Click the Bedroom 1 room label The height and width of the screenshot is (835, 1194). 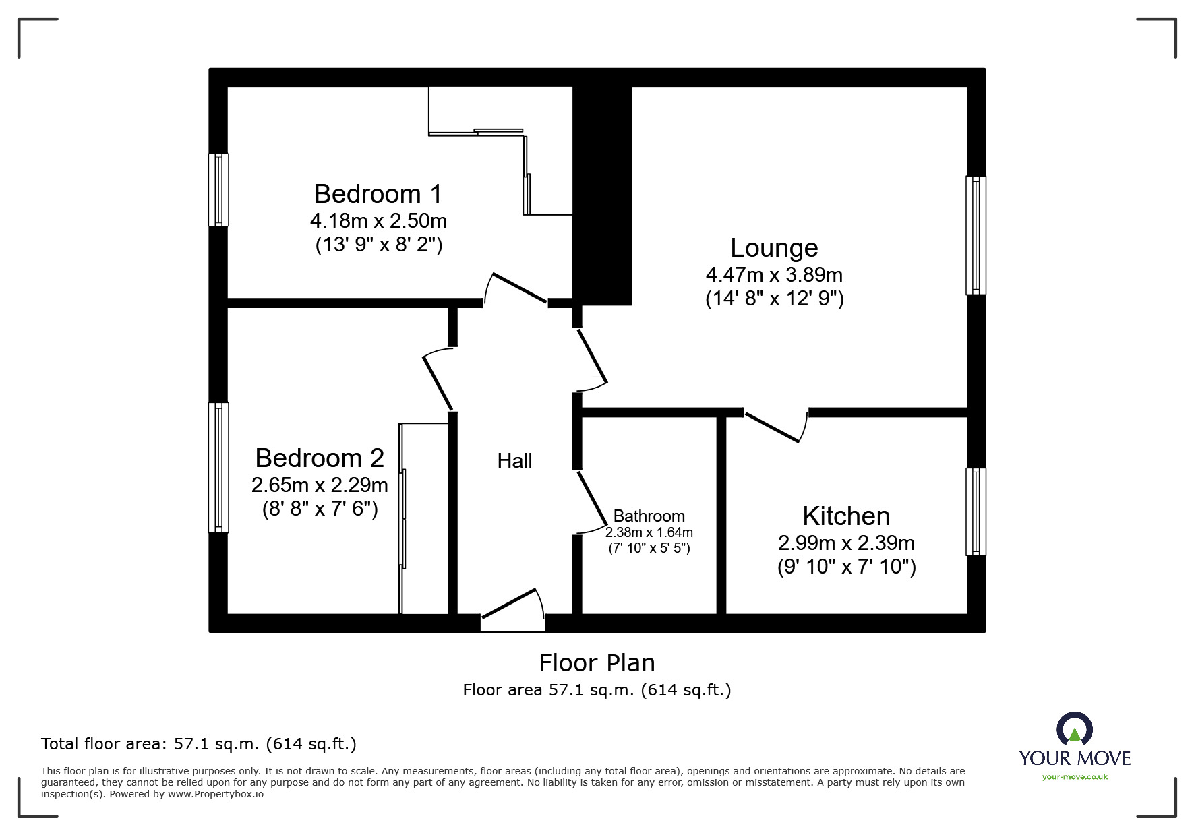tap(378, 194)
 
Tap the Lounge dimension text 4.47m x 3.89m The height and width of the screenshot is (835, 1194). tap(774, 275)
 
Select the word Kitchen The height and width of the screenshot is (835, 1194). tap(846, 516)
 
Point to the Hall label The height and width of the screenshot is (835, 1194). tap(514, 461)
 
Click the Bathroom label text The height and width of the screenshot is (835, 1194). tap(649, 516)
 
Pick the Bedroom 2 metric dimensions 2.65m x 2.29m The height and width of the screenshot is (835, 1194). tap(320, 485)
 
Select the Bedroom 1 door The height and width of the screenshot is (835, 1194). tap(517, 288)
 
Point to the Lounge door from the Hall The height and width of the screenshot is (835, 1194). tap(593, 357)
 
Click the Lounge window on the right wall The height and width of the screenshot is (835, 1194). tap(975, 235)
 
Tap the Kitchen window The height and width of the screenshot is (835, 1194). tap(975, 512)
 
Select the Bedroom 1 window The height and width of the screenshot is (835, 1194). tap(218, 189)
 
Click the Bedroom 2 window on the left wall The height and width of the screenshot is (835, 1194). tap(218, 467)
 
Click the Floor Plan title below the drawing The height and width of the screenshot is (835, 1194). tap(597, 663)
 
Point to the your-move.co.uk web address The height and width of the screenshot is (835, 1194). tap(1075, 777)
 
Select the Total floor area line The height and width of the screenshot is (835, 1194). tap(199, 744)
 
